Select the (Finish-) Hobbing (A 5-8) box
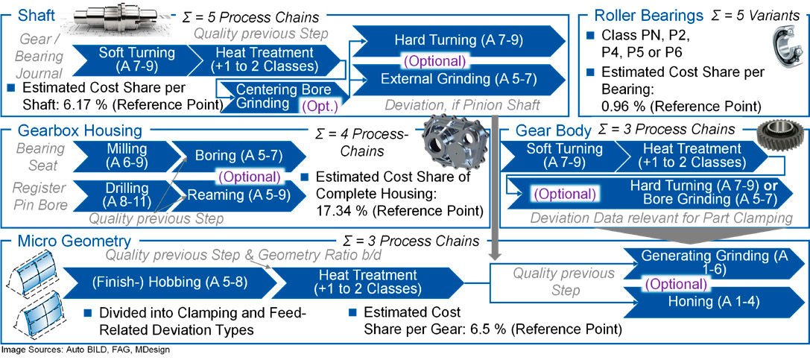pos(159,283)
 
